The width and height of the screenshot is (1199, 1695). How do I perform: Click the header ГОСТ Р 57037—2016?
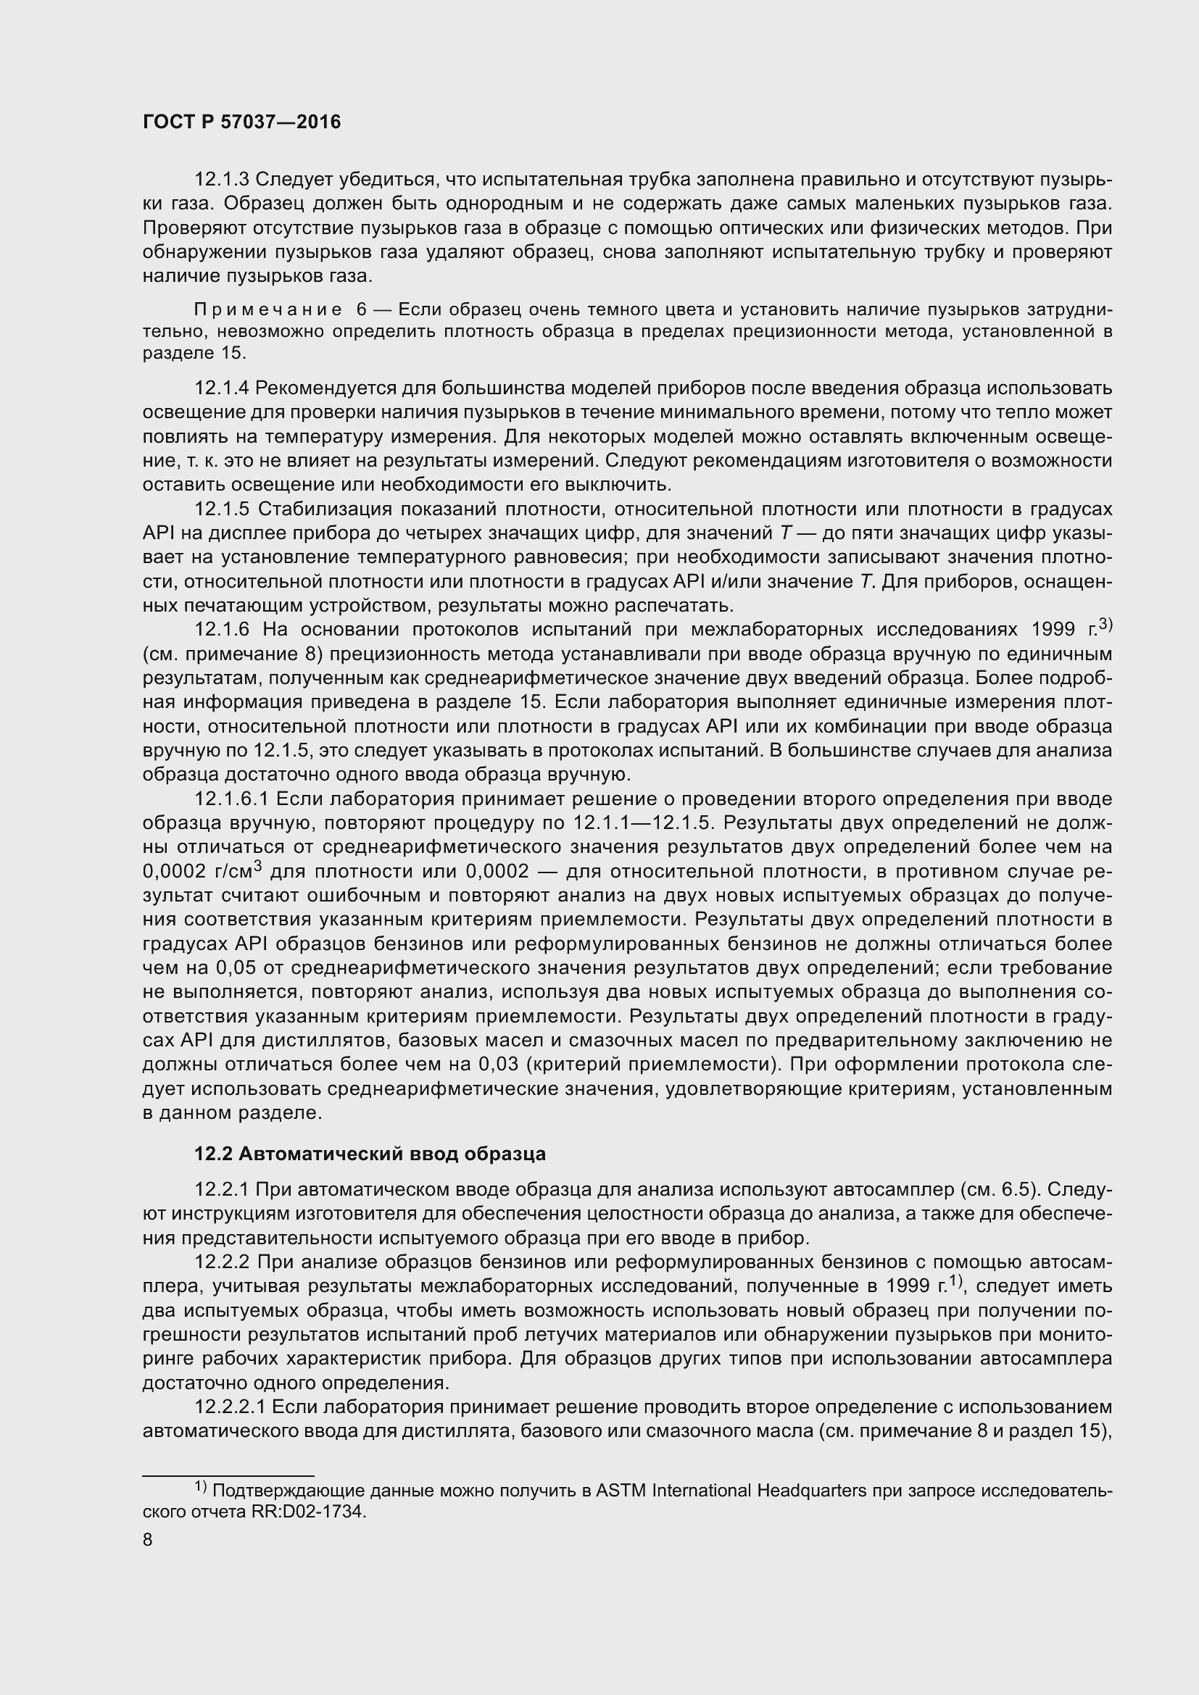pos(241,122)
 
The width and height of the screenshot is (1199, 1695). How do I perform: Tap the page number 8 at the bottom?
pos(148,1540)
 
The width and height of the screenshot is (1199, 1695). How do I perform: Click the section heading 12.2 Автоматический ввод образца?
pos(370,1153)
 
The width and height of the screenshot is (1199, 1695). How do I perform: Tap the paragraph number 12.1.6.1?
pos(232,799)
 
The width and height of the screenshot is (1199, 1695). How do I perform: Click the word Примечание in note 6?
pos(268,309)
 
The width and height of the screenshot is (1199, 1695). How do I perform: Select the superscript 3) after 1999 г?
pos(1105,625)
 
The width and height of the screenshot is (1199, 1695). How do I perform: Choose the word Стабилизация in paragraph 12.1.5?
pos(318,509)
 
